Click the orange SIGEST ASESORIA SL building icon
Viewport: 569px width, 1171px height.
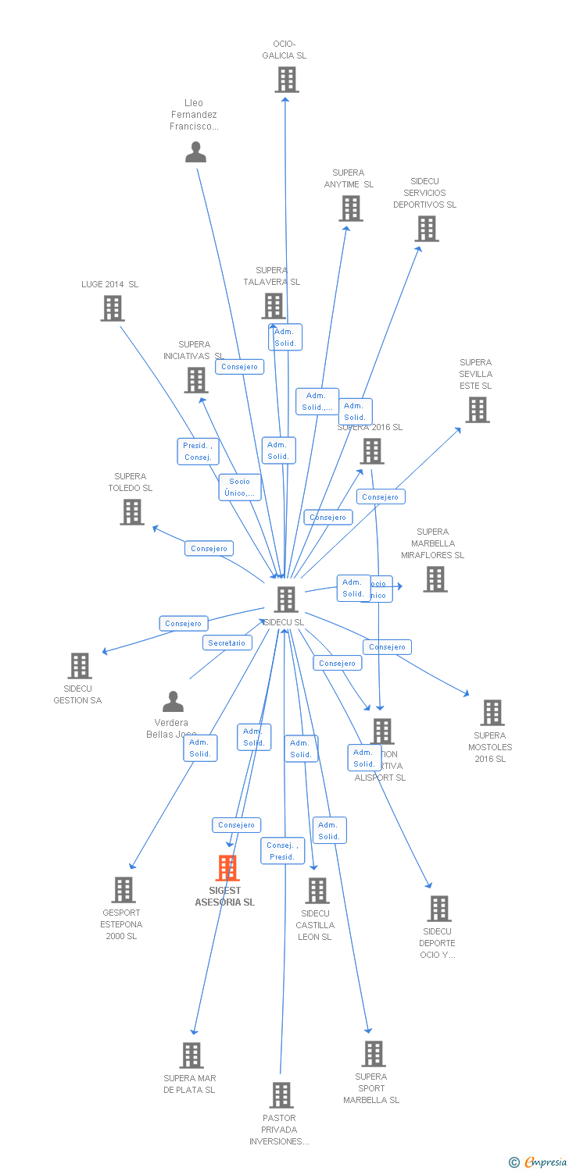pos(227,867)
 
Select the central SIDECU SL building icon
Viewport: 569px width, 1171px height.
pos(286,599)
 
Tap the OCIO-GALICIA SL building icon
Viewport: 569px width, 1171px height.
pos(286,79)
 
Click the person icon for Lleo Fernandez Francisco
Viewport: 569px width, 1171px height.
pos(195,151)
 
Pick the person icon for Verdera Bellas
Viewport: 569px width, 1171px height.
pos(173,701)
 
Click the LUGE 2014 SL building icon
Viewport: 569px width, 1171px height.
pos(113,308)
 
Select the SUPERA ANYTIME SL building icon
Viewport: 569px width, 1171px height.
pos(351,208)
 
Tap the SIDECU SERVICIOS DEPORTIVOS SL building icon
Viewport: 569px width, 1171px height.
pos(427,228)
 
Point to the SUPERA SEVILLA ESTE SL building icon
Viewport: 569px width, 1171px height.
pos(477,409)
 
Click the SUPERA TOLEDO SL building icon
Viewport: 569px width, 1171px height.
pos(132,511)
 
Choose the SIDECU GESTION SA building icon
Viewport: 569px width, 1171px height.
pos(80,665)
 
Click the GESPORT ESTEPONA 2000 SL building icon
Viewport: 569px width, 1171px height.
pos(123,889)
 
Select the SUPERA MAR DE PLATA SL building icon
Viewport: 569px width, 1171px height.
pos(191,1055)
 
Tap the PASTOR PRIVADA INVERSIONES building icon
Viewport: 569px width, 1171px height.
pos(281,1094)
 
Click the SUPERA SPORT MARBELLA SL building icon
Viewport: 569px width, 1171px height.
pos(373,1053)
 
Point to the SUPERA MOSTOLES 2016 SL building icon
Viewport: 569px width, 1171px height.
pos(492,712)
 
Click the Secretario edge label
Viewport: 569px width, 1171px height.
pos(227,643)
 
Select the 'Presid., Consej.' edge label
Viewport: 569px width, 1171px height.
pos(198,451)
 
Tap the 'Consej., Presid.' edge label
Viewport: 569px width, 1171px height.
pos(282,851)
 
